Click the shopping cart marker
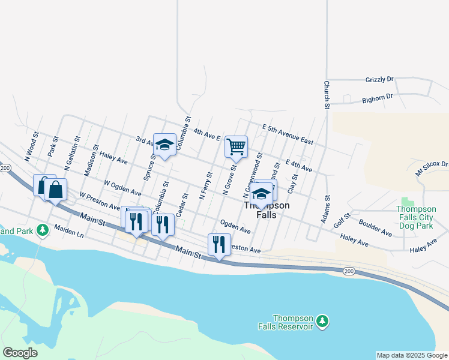coord(236,146)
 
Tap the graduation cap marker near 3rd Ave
coord(164,145)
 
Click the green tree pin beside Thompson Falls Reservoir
coord(323,322)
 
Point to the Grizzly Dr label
coord(379,79)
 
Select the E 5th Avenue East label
coord(288,134)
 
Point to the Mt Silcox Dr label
coord(432,167)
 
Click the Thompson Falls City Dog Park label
coord(423,217)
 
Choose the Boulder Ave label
coord(376,227)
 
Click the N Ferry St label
coord(205,185)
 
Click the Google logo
coord(20,353)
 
